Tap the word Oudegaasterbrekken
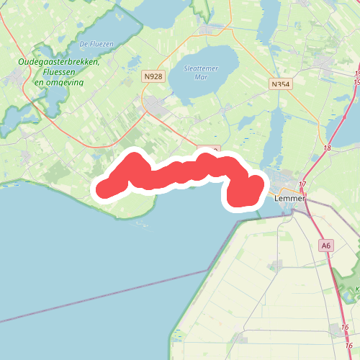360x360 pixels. click(58, 63)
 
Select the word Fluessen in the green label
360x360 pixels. click(59, 72)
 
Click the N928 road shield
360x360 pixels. click(152, 76)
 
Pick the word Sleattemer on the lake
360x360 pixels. click(201, 68)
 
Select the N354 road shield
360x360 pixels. click(281, 84)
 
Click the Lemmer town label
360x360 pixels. click(287, 197)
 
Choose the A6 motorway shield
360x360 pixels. click(327, 246)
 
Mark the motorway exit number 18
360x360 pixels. click(328, 148)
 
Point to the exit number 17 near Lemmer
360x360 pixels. click(302, 185)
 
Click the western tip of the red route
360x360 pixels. click(103, 189)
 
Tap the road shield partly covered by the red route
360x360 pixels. click(209, 149)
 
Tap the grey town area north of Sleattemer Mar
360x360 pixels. click(213, 30)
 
